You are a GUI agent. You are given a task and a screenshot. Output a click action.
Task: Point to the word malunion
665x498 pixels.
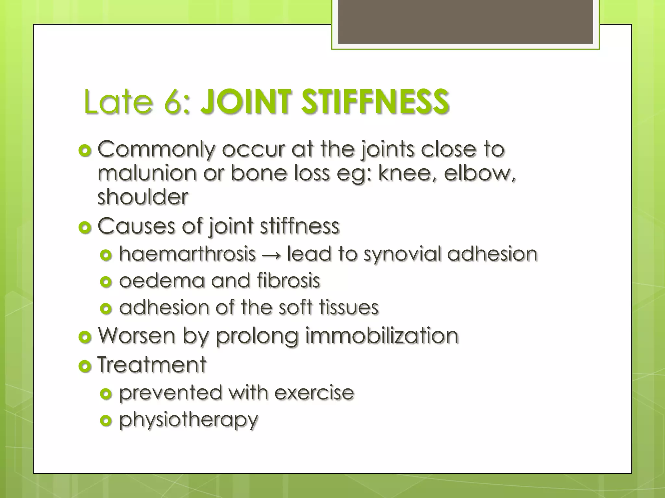147,173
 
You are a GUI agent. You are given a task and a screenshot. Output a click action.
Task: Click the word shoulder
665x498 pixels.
143,197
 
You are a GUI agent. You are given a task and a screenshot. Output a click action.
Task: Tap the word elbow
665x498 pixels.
478,173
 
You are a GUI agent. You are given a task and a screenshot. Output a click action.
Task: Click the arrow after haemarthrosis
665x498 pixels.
271,255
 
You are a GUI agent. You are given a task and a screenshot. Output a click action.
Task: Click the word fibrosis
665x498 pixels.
288,280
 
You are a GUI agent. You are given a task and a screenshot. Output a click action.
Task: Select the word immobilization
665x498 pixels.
382,336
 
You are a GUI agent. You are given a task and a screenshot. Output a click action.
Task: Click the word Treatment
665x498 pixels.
152,365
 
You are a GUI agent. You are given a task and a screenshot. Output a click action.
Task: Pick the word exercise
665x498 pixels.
314,393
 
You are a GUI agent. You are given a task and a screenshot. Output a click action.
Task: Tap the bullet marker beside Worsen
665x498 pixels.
85,338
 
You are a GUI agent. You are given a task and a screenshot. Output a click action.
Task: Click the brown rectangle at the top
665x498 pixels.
465,22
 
